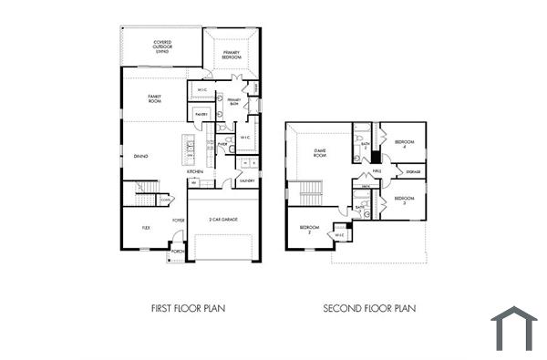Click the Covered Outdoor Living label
(162, 45)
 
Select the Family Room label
(155, 99)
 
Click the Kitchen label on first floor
(195, 171)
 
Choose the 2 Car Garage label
(222, 220)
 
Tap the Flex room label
(145, 227)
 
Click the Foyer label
(179, 220)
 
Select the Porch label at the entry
(177, 252)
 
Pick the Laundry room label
(246, 180)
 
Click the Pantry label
(201, 114)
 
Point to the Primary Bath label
(233, 103)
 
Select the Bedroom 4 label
(404, 143)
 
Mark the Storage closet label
(413, 171)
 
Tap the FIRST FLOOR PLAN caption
(188, 309)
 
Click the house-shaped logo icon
(514, 329)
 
